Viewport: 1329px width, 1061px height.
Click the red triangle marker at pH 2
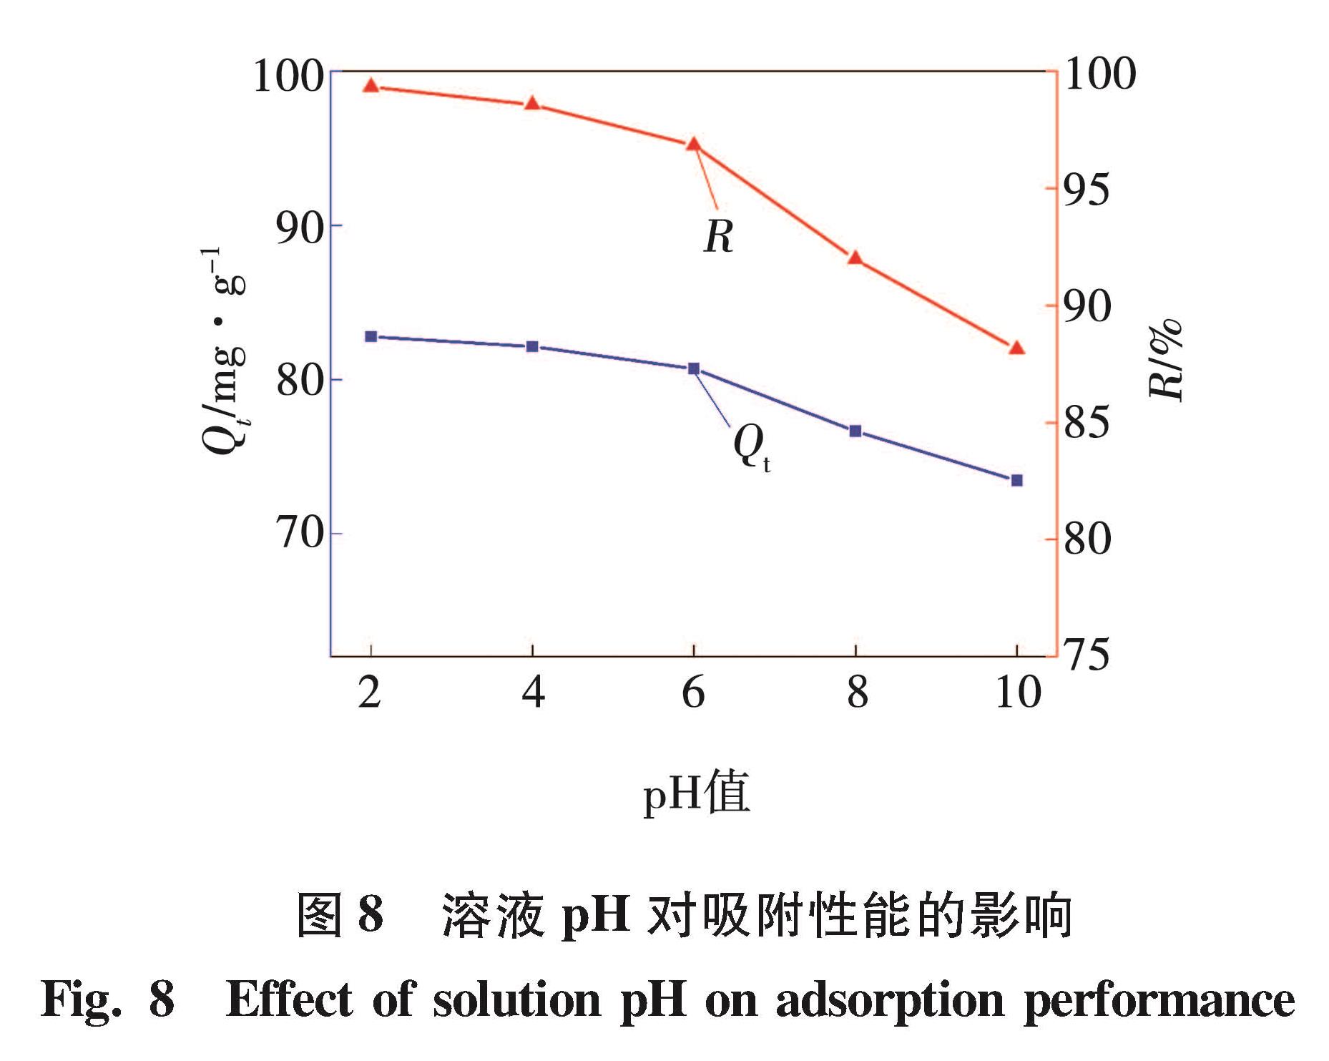point(371,86)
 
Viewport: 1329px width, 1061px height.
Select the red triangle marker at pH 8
point(855,258)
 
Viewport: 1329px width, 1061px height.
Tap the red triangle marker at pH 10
point(1016,348)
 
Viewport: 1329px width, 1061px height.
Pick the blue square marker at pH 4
point(532,346)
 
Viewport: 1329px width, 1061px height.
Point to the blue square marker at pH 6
point(694,368)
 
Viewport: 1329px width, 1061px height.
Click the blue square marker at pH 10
point(1016,480)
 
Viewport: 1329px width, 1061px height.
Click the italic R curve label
point(718,236)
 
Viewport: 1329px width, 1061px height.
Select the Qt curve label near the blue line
point(751,446)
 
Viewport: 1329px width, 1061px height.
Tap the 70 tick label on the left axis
point(300,533)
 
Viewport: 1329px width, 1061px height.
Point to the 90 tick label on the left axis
point(300,228)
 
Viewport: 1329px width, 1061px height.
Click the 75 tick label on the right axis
point(1087,654)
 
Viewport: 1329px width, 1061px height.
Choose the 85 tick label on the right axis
point(1087,422)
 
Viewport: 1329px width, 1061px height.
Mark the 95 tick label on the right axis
point(1087,190)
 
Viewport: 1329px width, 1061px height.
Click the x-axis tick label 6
point(693,693)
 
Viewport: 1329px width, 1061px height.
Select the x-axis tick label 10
point(1018,693)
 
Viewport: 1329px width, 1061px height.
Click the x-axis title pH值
point(696,793)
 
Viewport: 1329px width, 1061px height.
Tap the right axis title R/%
point(1165,359)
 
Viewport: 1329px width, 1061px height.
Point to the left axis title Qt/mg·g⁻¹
point(223,351)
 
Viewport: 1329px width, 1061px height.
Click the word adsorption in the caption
point(890,1000)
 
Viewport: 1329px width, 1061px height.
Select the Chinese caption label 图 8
point(340,915)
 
